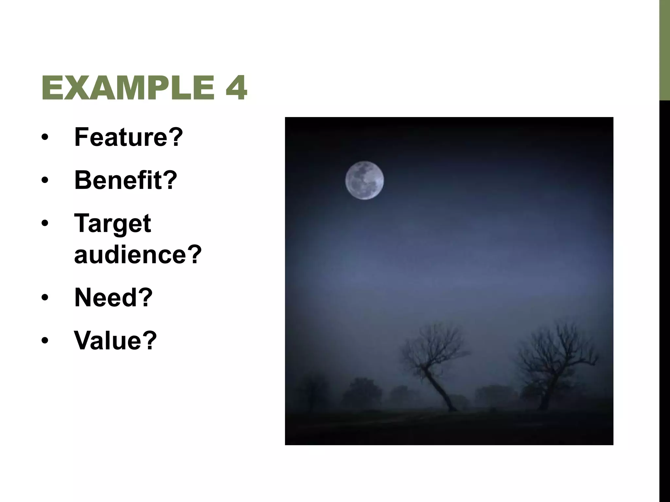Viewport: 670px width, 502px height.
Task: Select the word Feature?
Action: click(x=129, y=137)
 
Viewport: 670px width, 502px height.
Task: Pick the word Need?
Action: click(x=114, y=297)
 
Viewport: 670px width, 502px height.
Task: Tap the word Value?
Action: click(x=115, y=341)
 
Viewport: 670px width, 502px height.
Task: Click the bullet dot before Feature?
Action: click(x=45, y=138)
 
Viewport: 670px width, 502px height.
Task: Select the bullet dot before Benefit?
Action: click(x=45, y=180)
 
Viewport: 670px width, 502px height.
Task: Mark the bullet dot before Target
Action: click(x=45, y=224)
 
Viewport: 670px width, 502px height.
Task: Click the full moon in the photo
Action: click(x=364, y=180)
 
